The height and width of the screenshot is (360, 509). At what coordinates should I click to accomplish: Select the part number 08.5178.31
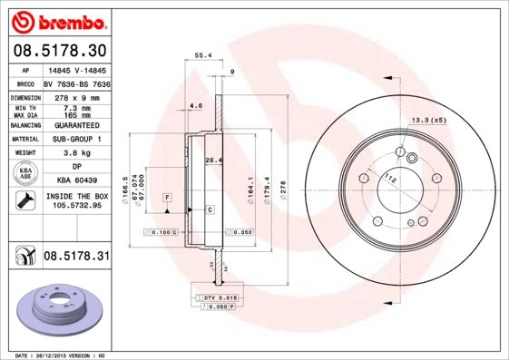tap(76, 258)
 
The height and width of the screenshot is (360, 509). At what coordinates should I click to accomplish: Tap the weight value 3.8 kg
tap(76, 153)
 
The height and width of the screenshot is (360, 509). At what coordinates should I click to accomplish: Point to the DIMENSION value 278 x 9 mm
tap(76, 95)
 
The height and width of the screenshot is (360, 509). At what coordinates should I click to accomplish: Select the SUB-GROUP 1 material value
tap(76, 140)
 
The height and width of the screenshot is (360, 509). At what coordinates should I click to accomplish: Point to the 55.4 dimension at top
tap(203, 55)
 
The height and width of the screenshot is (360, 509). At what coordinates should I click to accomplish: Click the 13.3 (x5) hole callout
tap(429, 121)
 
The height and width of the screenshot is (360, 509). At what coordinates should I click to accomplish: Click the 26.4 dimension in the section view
tap(214, 161)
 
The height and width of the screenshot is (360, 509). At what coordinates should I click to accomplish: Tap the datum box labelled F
tap(167, 197)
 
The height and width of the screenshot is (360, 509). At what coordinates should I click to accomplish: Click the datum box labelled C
tap(210, 209)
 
